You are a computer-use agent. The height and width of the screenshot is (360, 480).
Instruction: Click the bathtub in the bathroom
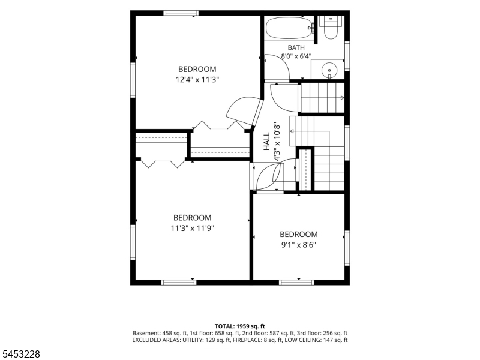coord(290,28)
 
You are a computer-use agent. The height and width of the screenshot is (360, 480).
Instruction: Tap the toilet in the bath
coord(331,27)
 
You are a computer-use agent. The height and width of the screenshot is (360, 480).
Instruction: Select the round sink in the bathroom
coord(329,70)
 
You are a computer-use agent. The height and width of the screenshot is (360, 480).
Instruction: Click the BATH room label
coord(296,48)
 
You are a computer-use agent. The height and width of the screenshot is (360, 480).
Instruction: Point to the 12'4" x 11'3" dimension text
coord(197,80)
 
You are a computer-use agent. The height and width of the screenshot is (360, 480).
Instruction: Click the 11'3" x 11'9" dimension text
coord(192,229)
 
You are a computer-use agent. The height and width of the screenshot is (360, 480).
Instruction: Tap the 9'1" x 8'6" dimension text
coord(298,245)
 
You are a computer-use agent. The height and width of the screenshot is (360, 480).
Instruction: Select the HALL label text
coord(267,141)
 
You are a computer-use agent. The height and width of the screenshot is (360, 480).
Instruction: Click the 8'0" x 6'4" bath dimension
coord(296,56)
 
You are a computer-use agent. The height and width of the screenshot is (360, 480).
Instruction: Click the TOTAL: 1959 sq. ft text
coord(239,326)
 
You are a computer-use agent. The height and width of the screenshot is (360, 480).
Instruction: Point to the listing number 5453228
coord(20,354)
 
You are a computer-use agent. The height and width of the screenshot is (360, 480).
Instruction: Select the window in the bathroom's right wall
coord(347,56)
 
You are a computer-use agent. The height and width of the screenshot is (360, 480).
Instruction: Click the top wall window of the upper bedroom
coord(181,13)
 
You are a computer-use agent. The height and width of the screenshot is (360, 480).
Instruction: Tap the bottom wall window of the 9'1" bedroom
coord(297,283)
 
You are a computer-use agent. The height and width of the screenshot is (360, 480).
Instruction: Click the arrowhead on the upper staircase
coord(342,98)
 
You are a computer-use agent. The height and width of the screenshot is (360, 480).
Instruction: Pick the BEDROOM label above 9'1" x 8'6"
coord(298,235)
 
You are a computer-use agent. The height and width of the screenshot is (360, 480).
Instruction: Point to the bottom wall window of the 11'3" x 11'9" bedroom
coord(179,283)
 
